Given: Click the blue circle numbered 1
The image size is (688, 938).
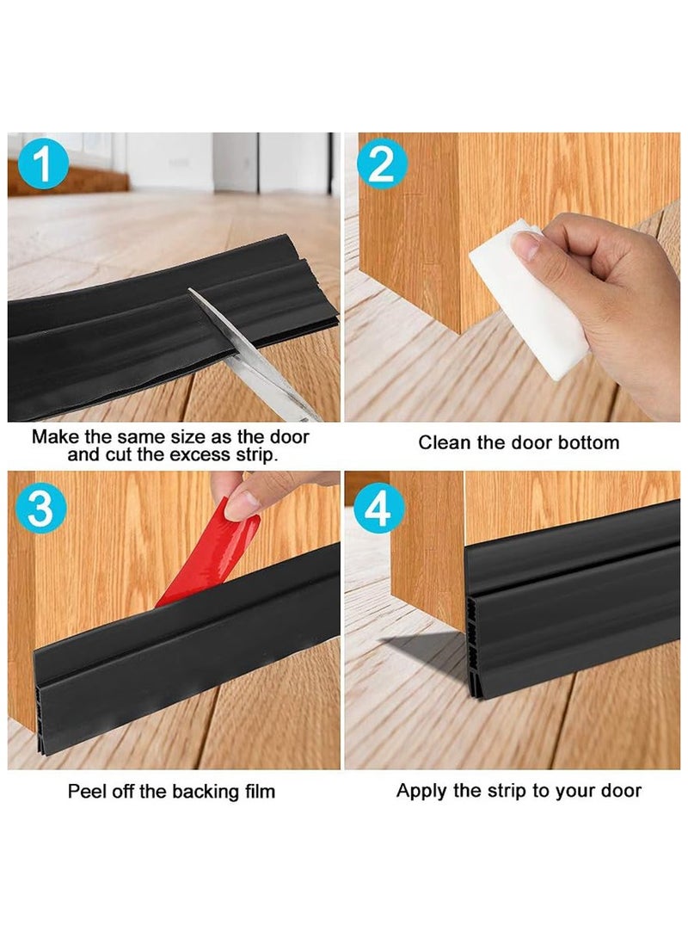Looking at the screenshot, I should coord(42,167).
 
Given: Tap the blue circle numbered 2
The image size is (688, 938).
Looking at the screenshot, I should coord(382,167).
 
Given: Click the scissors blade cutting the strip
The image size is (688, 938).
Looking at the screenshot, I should coord(241,344).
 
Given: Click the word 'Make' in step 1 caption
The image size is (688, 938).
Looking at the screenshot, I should coord(54,436).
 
